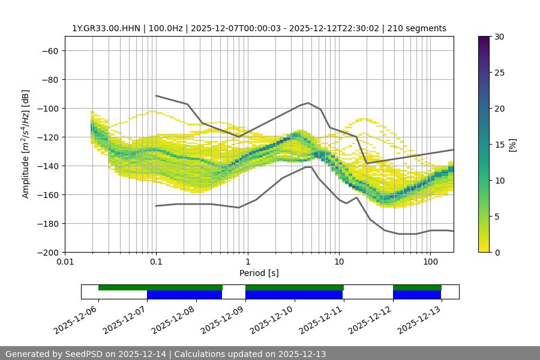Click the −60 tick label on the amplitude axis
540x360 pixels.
(x=49, y=50)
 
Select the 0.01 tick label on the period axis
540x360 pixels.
(x=65, y=262)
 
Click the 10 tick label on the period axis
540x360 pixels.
(x=339, y=262)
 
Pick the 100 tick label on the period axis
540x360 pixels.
(x=430, y=262)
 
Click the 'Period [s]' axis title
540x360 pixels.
(x=259, y=273)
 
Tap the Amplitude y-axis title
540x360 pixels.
(x=26, y=144)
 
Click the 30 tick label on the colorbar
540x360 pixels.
(x=499, y=37)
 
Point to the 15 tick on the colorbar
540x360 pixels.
(x=499, y=145)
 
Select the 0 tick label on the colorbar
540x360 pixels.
(x=496, y=252)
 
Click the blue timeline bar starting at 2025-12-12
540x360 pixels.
(x=417, y=295)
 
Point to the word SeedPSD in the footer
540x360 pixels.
(x=84, y=354)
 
